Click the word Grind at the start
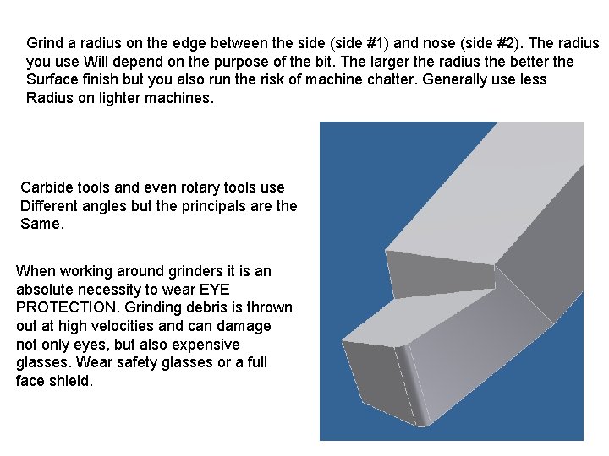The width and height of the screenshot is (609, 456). point(45,43)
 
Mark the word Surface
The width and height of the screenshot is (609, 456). point(55,80)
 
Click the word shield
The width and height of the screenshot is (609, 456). point(70,382)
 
